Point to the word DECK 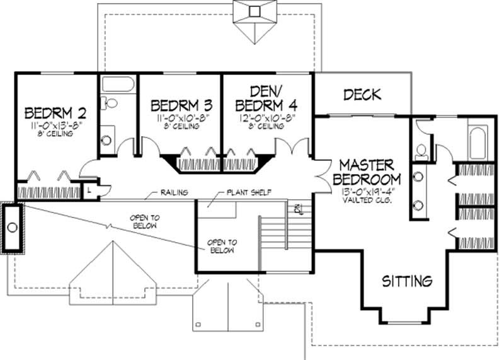pos(362,95)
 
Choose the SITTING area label pos(408,281)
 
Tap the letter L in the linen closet pos(91,189)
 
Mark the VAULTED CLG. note pos(366,200)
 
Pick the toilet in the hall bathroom pos(110,103)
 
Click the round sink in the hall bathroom pos(108,140)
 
